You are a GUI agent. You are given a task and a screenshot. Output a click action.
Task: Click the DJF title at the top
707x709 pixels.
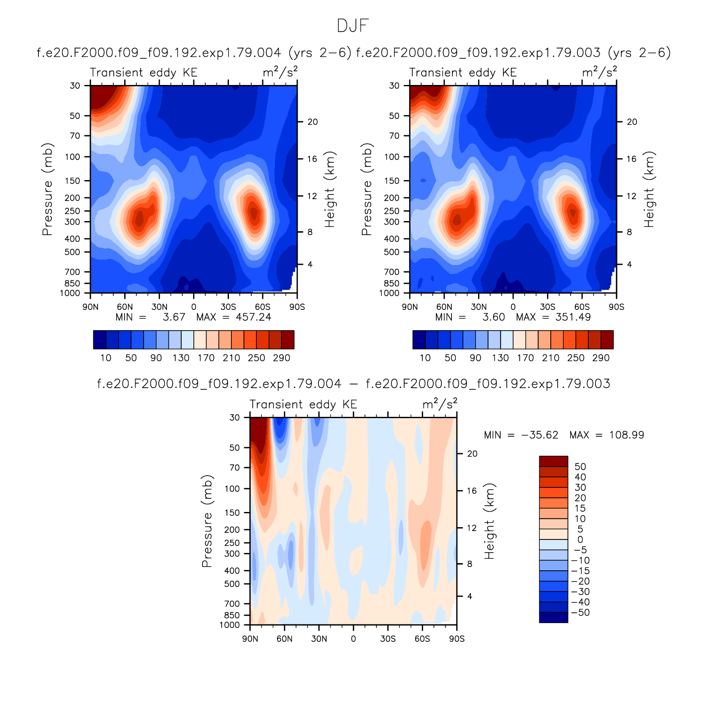(353, 26)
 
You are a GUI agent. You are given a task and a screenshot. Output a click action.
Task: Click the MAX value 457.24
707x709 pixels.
(253, 317)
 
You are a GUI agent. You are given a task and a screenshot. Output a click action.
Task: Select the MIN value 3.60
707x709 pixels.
(494, 317)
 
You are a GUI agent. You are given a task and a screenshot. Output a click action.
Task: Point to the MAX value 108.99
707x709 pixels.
(626, 435)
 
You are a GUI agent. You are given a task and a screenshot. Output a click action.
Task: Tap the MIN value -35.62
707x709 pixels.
(539, 435)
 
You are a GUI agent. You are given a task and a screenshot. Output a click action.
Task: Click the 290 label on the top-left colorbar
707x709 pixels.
(281, 358)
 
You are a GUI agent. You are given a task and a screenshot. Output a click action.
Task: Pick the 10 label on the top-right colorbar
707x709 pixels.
(425, 358)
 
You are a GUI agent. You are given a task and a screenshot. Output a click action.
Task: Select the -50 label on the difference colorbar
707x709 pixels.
(580, 613)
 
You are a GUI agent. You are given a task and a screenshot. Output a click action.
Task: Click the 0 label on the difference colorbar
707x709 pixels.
(580, 539)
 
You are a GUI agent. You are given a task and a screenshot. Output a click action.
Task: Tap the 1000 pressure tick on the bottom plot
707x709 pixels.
(229, 625)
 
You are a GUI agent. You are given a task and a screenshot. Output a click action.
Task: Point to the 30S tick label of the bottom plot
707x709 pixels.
(388, 638)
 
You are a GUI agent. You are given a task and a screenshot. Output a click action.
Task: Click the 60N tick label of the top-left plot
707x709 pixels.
(125, 307)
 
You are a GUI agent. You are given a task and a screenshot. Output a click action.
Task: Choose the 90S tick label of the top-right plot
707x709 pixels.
(616, 307)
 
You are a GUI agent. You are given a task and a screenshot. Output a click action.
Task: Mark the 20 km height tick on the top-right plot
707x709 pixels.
(632, 122)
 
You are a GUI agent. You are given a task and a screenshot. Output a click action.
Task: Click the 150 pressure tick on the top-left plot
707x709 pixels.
(72, 181)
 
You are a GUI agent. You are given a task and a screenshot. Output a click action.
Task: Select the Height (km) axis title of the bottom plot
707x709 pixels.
(489, 521)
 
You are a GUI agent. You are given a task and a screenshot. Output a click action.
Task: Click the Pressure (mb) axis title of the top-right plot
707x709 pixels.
(367, 189)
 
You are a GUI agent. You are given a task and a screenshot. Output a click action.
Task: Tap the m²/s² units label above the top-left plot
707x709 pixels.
(280, 72)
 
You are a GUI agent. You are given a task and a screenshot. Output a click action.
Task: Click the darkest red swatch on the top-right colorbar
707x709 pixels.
(607, 339)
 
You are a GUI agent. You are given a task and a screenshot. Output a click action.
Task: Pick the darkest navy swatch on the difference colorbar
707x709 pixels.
(553, 617)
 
